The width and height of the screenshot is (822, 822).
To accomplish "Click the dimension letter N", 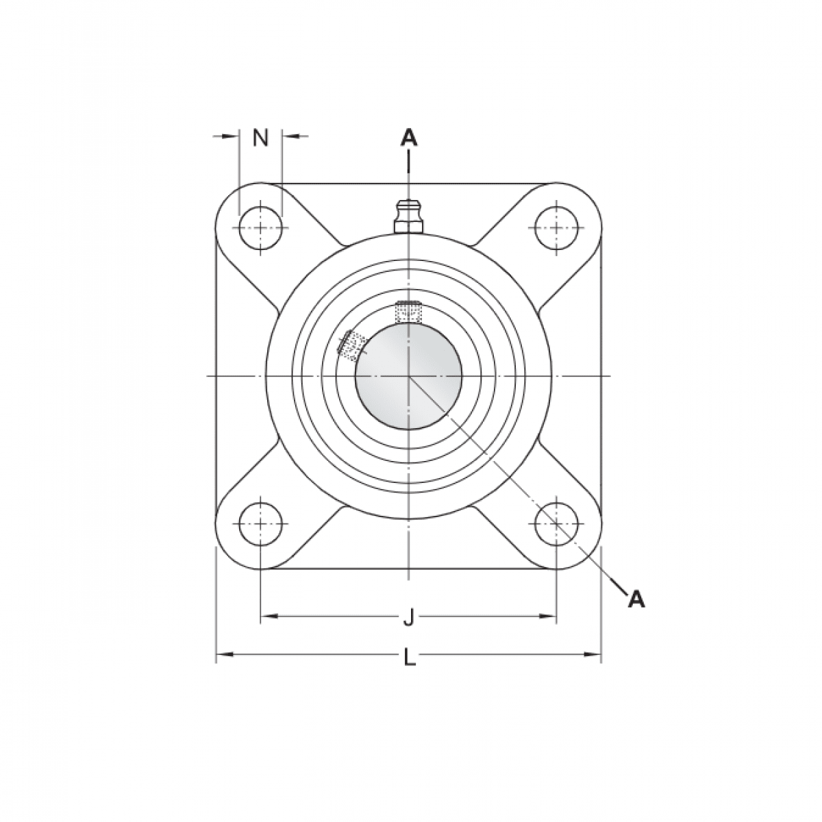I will [x=260, y=138].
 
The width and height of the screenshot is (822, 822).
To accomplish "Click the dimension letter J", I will [x=408, y=619].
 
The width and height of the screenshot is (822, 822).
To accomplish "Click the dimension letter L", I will [x=409, y=658].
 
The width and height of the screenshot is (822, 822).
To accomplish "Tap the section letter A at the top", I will [x=408, y=138].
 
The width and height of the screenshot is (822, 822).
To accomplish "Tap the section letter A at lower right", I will [x=636, y=599].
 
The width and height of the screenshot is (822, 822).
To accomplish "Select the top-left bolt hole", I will [x=260, y=227].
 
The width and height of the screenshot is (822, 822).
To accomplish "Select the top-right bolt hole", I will [x=556, y=227].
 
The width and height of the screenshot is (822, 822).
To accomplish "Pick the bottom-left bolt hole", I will [x=260, y=523].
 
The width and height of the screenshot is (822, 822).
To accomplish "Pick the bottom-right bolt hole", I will [x=556, y=523].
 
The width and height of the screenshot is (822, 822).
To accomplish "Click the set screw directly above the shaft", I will [x=408, y=312].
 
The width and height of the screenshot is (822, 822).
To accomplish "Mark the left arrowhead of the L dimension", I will [x=221, y=656].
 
